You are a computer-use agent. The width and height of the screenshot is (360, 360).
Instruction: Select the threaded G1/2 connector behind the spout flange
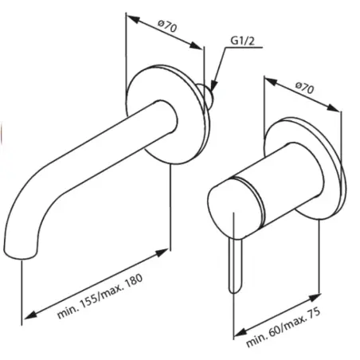pyautogui.click(x=210, y=97)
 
